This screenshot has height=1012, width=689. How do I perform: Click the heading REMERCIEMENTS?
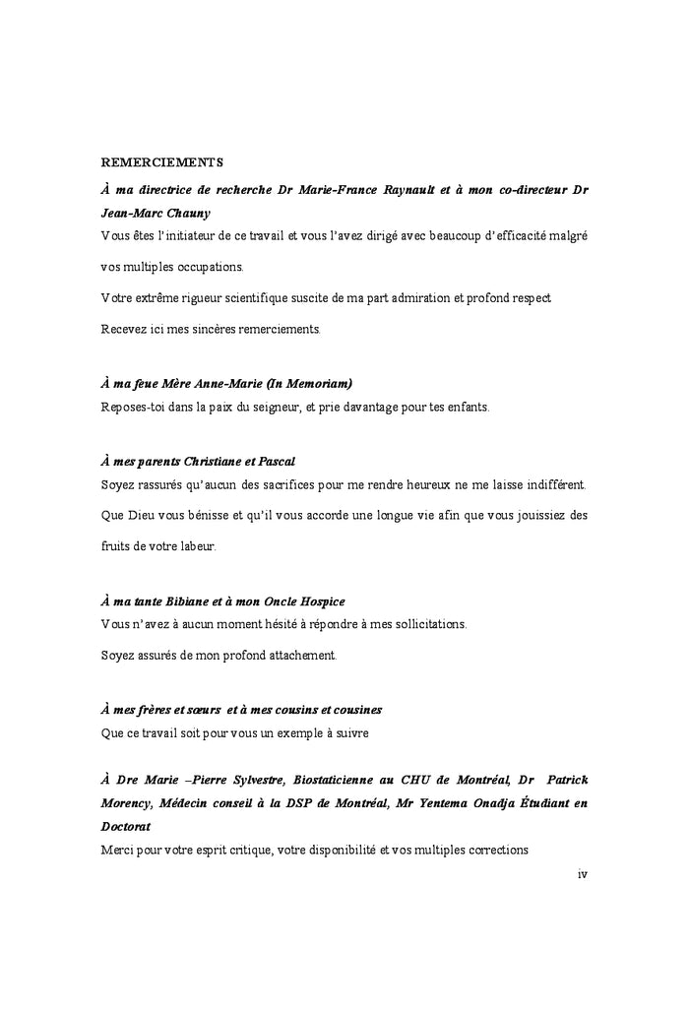(x=162, y=161)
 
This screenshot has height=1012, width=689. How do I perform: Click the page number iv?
(x=582, y=873)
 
